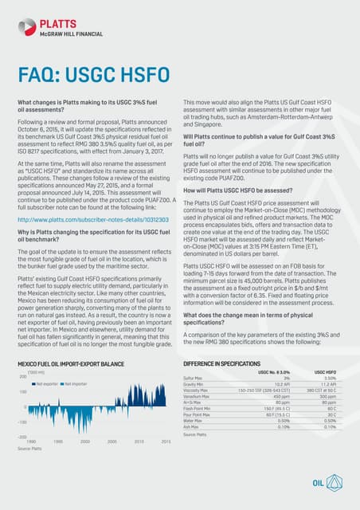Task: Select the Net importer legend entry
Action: [76, 383]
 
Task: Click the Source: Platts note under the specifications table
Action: [194, 435]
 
